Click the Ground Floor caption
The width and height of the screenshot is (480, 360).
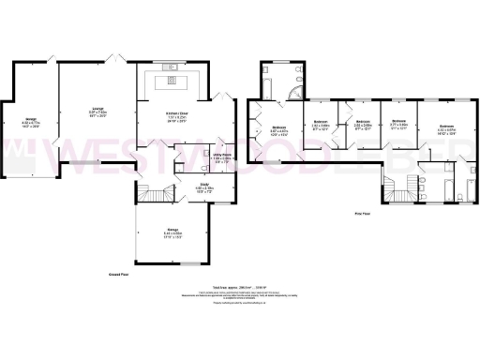point(117,275)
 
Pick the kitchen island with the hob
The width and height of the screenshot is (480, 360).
point(175,80)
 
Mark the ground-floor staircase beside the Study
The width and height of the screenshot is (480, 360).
point(153,194)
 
